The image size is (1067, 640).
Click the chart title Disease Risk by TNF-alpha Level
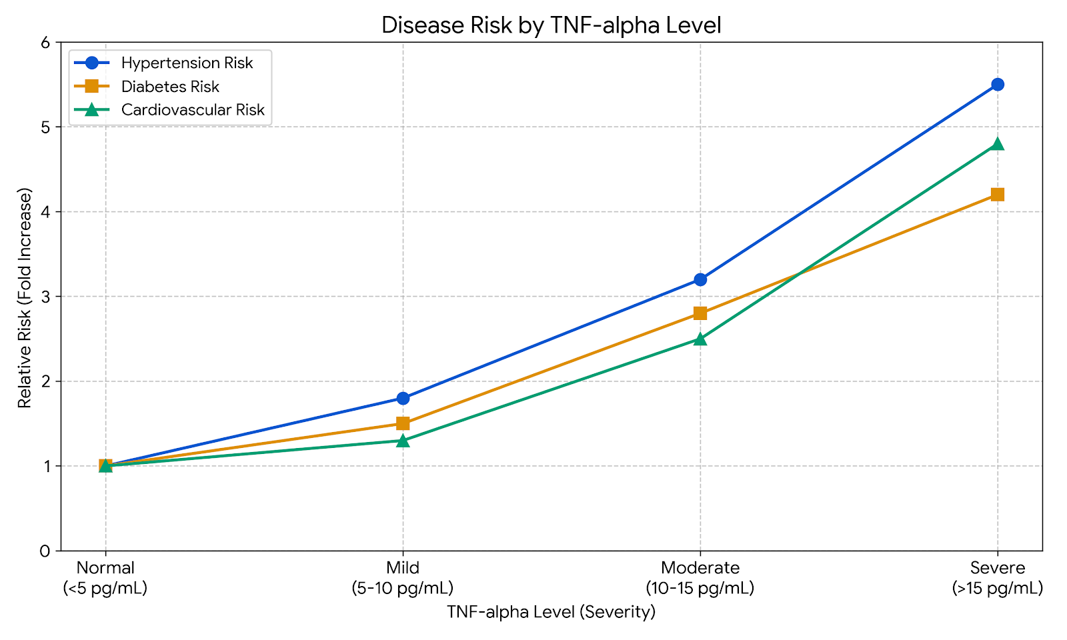[551, 25]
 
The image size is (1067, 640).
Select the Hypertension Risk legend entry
[187, 63]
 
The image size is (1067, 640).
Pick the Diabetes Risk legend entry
[170, 87]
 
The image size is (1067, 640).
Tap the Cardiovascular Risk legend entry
[193, 110]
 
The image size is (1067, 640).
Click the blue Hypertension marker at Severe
[998, 85]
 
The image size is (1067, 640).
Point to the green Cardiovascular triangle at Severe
[998, 144]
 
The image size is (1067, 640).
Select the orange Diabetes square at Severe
[998, 195]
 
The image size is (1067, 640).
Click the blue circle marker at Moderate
[700, 279]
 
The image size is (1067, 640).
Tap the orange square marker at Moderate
[700, 313]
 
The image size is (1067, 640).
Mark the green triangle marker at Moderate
[700, 339]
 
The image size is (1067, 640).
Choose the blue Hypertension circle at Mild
[403, 398]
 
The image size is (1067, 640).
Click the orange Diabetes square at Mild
[403, 423]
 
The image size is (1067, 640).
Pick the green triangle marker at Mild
[403, 441]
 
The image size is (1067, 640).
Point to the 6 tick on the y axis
[45, 43]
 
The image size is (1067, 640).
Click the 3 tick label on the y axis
[45, 297]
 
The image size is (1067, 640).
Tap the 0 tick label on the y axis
[45, 551]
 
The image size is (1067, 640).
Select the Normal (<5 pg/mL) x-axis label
[105, 578]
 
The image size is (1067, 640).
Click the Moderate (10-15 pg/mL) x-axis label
[700, 578]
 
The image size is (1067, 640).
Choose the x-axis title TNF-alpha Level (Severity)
[551, 612]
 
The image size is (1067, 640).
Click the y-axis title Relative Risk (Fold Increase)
[25, 297]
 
